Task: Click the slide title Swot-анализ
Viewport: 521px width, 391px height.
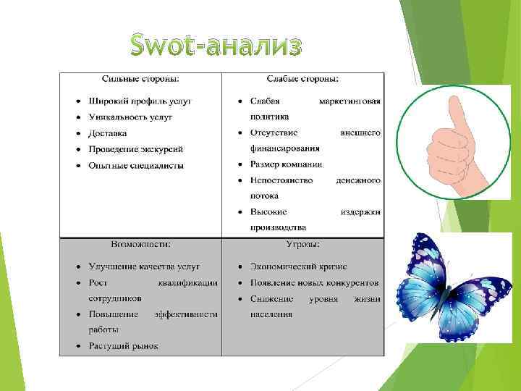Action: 214,46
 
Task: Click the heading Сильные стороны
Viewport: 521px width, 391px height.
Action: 140,78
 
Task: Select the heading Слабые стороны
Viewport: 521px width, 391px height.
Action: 302,78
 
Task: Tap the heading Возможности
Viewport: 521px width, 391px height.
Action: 140,244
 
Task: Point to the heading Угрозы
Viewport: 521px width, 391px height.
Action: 302,244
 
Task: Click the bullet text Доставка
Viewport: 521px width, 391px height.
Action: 108,133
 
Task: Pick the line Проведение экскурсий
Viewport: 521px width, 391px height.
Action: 135,149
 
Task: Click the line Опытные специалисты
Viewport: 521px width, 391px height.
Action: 136,166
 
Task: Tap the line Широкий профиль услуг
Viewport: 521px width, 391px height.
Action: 139,101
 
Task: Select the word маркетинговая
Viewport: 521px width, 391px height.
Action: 350,101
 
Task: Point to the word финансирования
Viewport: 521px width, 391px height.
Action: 284,148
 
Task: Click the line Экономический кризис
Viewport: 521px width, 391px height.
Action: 298,266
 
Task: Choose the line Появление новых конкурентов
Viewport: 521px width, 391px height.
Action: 314,282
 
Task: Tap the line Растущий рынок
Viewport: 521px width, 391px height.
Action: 123,346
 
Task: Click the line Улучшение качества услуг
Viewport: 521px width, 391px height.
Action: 144,266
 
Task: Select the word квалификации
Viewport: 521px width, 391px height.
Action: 187,282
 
